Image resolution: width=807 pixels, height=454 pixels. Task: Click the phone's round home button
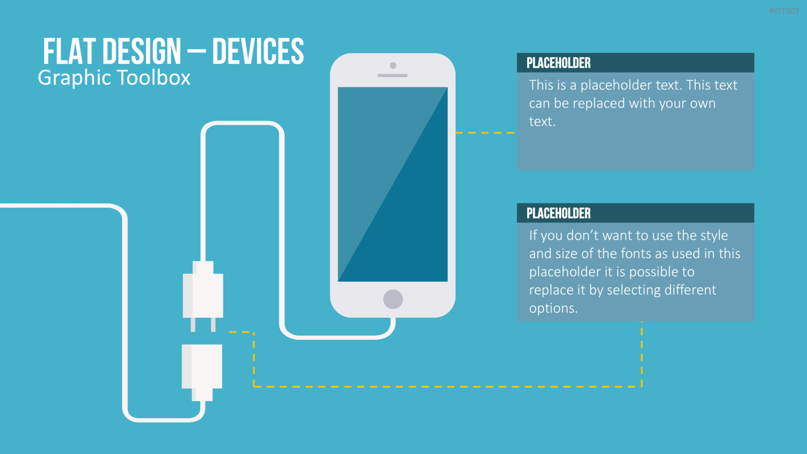(x=393, y=299)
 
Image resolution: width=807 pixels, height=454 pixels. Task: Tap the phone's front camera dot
(x=393, y=66)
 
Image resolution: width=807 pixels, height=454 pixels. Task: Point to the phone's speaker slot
(x=392, y=76)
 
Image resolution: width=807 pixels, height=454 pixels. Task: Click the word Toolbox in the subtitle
(x=154, y=77)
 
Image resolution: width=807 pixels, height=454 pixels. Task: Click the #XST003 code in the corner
(x=783, y=11)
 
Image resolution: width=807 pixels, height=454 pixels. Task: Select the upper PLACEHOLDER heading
(x=558, y=63)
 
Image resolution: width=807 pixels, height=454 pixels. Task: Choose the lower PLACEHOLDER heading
(x=558, y=214)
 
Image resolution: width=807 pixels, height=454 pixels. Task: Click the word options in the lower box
(x=554, y=308)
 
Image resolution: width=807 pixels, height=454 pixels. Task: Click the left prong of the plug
(x=193, y=324)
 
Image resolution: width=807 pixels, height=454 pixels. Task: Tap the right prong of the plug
(x=213, y=324)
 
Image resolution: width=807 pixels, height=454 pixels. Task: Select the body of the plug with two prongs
(x=203, y=289)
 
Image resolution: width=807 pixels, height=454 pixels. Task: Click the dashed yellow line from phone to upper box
(x=485, y=133)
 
